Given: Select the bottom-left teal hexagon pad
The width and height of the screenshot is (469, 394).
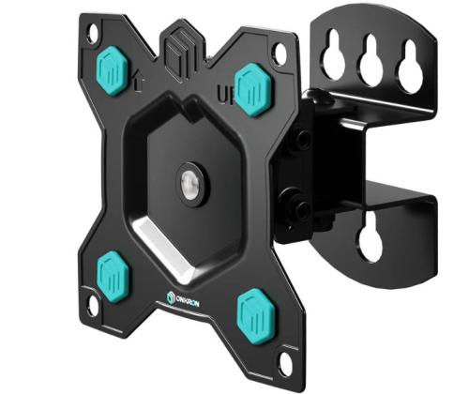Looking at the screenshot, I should click(111, 270).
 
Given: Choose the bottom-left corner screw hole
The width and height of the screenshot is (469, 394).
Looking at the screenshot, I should click(92, 305).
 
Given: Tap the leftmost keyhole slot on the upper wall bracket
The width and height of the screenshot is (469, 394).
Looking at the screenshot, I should click(334, 58).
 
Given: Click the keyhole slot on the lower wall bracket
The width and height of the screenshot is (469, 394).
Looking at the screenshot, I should click(371, 239).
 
